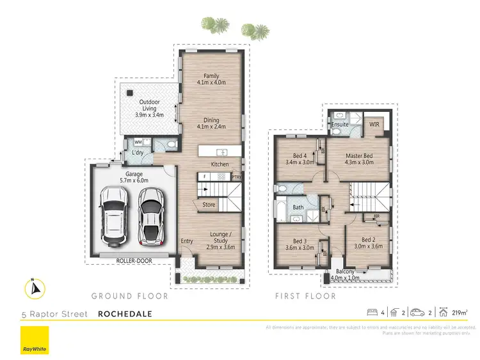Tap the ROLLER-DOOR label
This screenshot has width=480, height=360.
(x=132, y=260)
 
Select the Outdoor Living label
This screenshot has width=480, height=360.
(x=150, y=108)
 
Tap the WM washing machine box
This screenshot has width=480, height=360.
(x=138, y=142)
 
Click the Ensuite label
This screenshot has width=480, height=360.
(x=340, y=125)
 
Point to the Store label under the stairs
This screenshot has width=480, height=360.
(x=209, y=205)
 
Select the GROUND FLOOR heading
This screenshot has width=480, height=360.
(x=129, y=296)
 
